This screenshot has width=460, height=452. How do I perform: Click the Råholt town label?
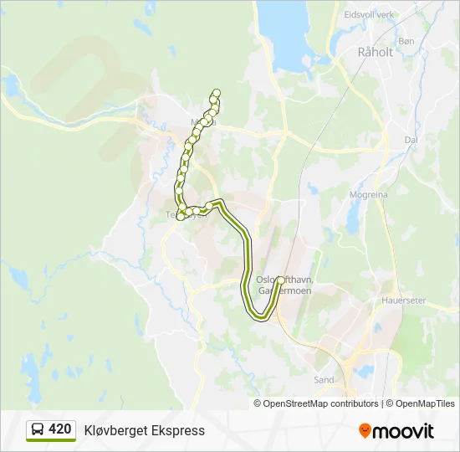point(375,52)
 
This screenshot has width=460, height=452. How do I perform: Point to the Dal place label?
point(410,141)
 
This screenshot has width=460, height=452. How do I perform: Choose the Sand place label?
point(324,379)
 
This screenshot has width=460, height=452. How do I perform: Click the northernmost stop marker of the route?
point(217,92)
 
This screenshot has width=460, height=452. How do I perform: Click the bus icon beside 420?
point(38,430)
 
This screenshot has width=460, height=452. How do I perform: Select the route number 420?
point(60,429)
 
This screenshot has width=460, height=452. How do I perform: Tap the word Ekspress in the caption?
point(176,430)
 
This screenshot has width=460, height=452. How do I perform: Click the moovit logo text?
point(403,431)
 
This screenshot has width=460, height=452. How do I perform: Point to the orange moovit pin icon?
point(365,430)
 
